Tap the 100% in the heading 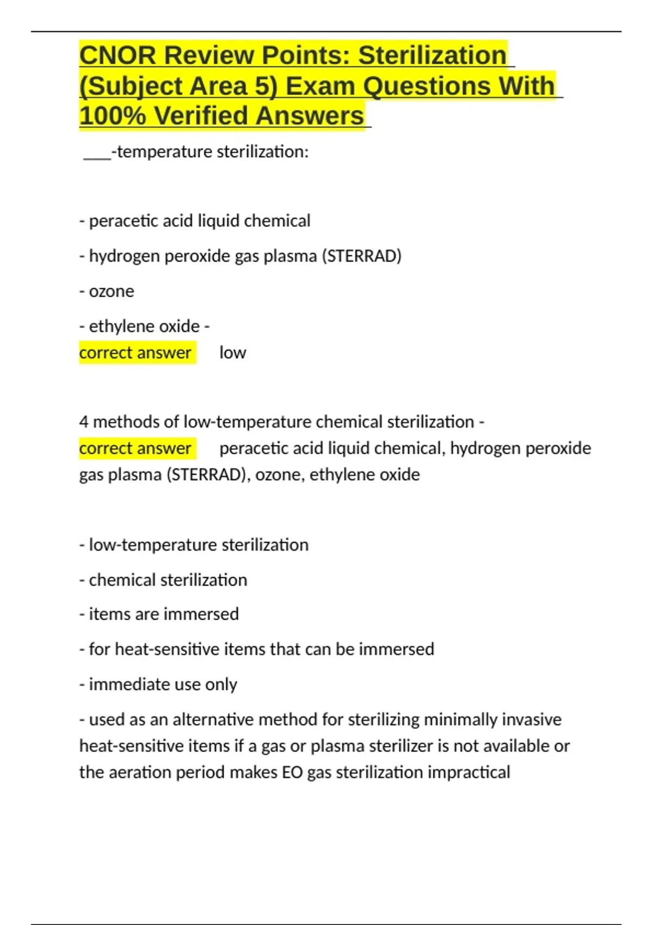click(x=112, y=116)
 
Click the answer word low click(x=232, y=353)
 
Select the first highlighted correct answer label click(x=135, y=353)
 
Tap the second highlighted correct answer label click(x=135, y=448)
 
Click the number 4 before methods click(x=84, y=422)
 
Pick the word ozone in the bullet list click(x=111, y=291)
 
